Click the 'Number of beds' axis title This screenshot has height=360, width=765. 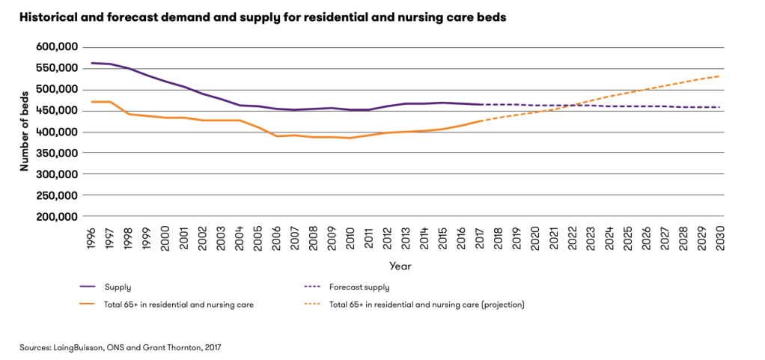24,132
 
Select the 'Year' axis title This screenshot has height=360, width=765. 400,266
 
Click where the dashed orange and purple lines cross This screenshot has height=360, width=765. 571,106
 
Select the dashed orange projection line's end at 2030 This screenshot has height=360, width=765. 719,76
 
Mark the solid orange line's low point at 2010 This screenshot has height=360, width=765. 349,138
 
